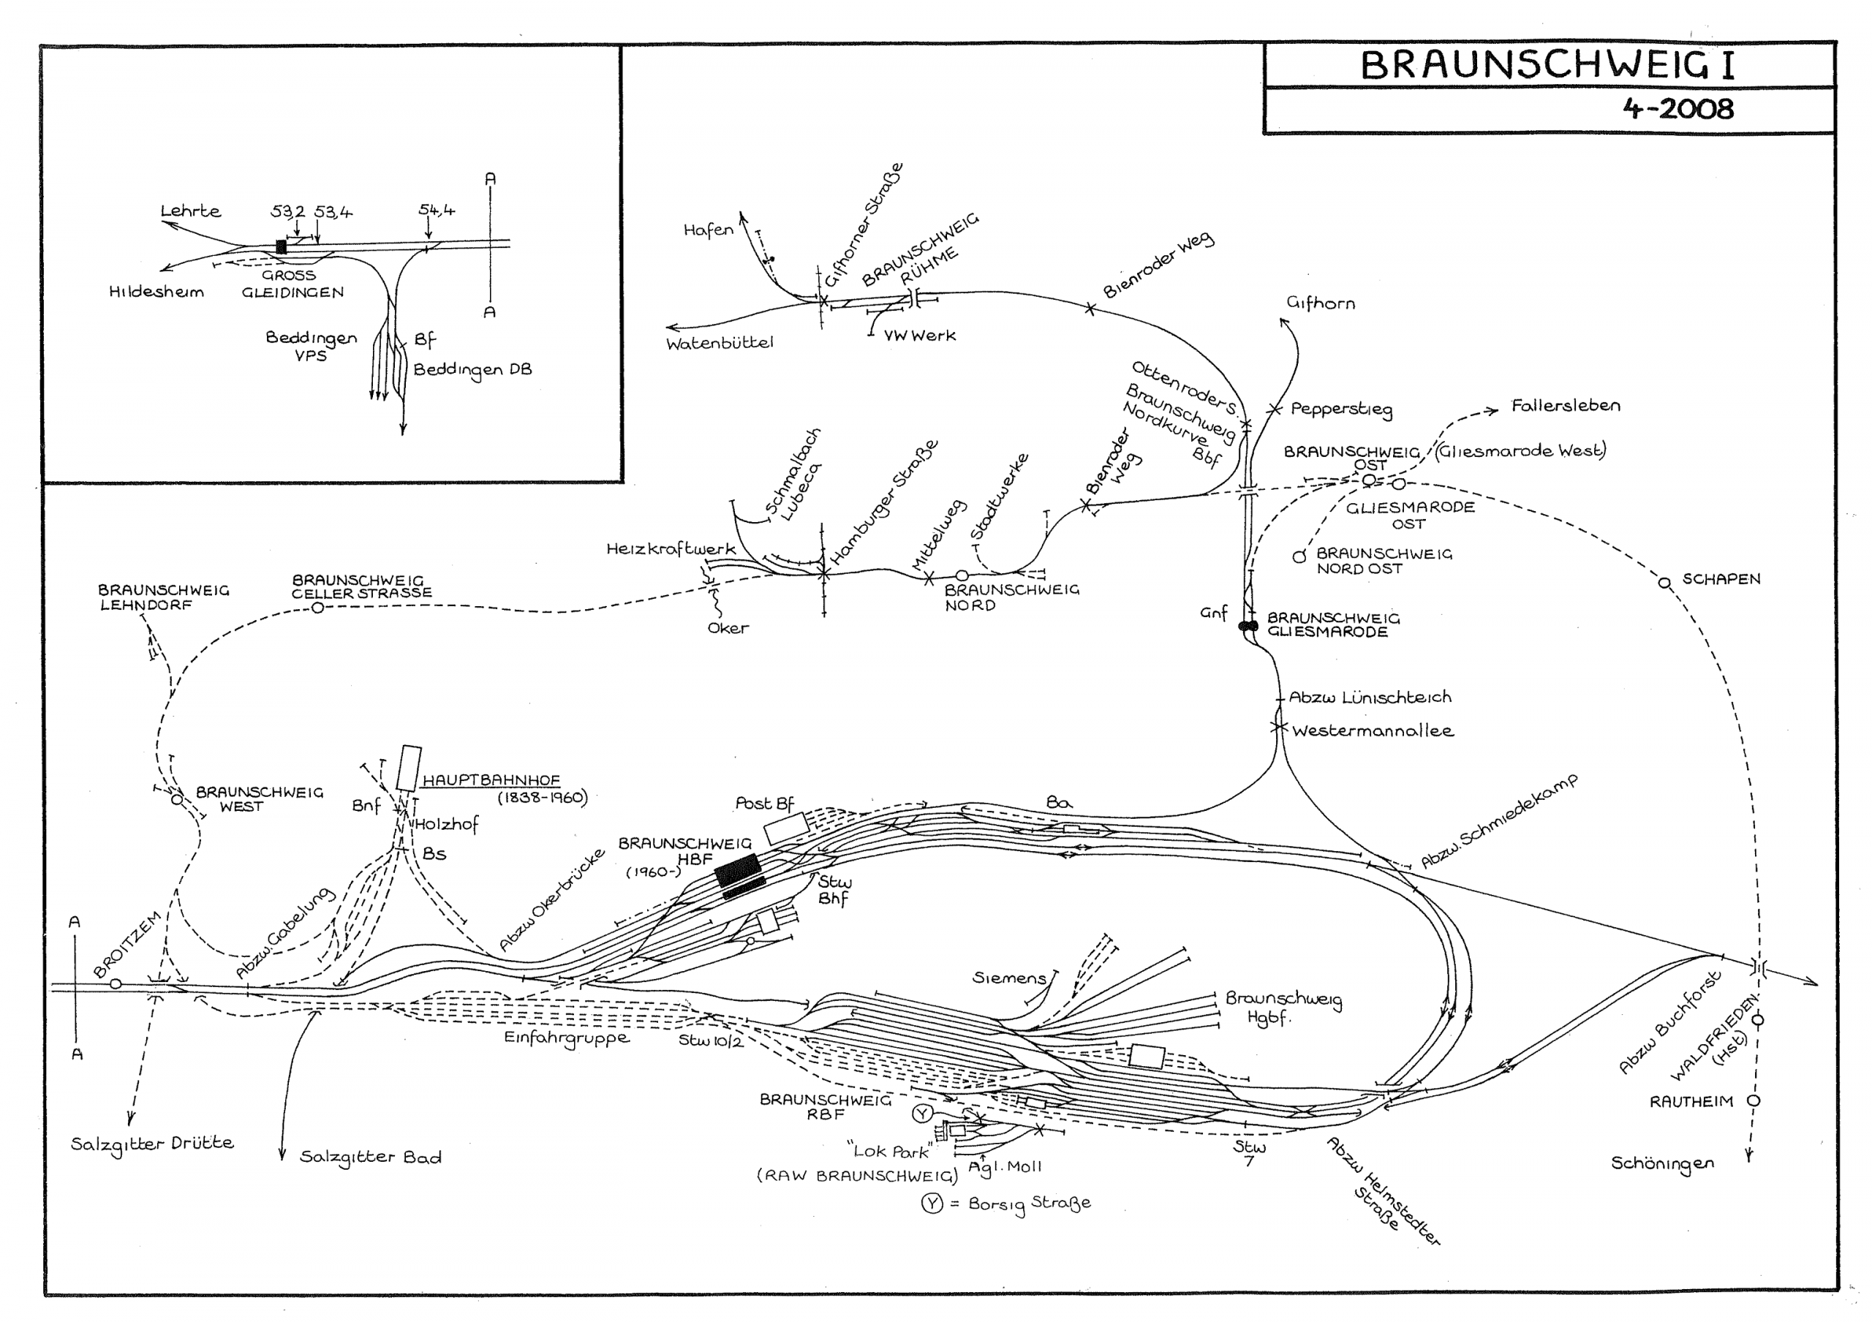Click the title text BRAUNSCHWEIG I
tap(1547, 66)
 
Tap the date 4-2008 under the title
tap(1678, 109)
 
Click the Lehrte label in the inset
tap(190, 211)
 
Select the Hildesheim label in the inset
tap(156, 292)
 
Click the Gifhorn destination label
tap(1320, 303)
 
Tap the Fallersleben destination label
tap(1566, 406)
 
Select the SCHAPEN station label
tap(1721, 578)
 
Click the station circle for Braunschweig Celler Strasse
tap(318, 607)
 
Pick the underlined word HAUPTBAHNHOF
tap(491, 780)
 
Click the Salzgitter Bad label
tap(370, 1157)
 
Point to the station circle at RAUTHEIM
tap(1753, 1100)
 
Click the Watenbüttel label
tap(719, 343)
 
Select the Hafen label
tap(708, 230)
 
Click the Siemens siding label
tap(1008, 977)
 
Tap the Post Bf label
tap(764, 803)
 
